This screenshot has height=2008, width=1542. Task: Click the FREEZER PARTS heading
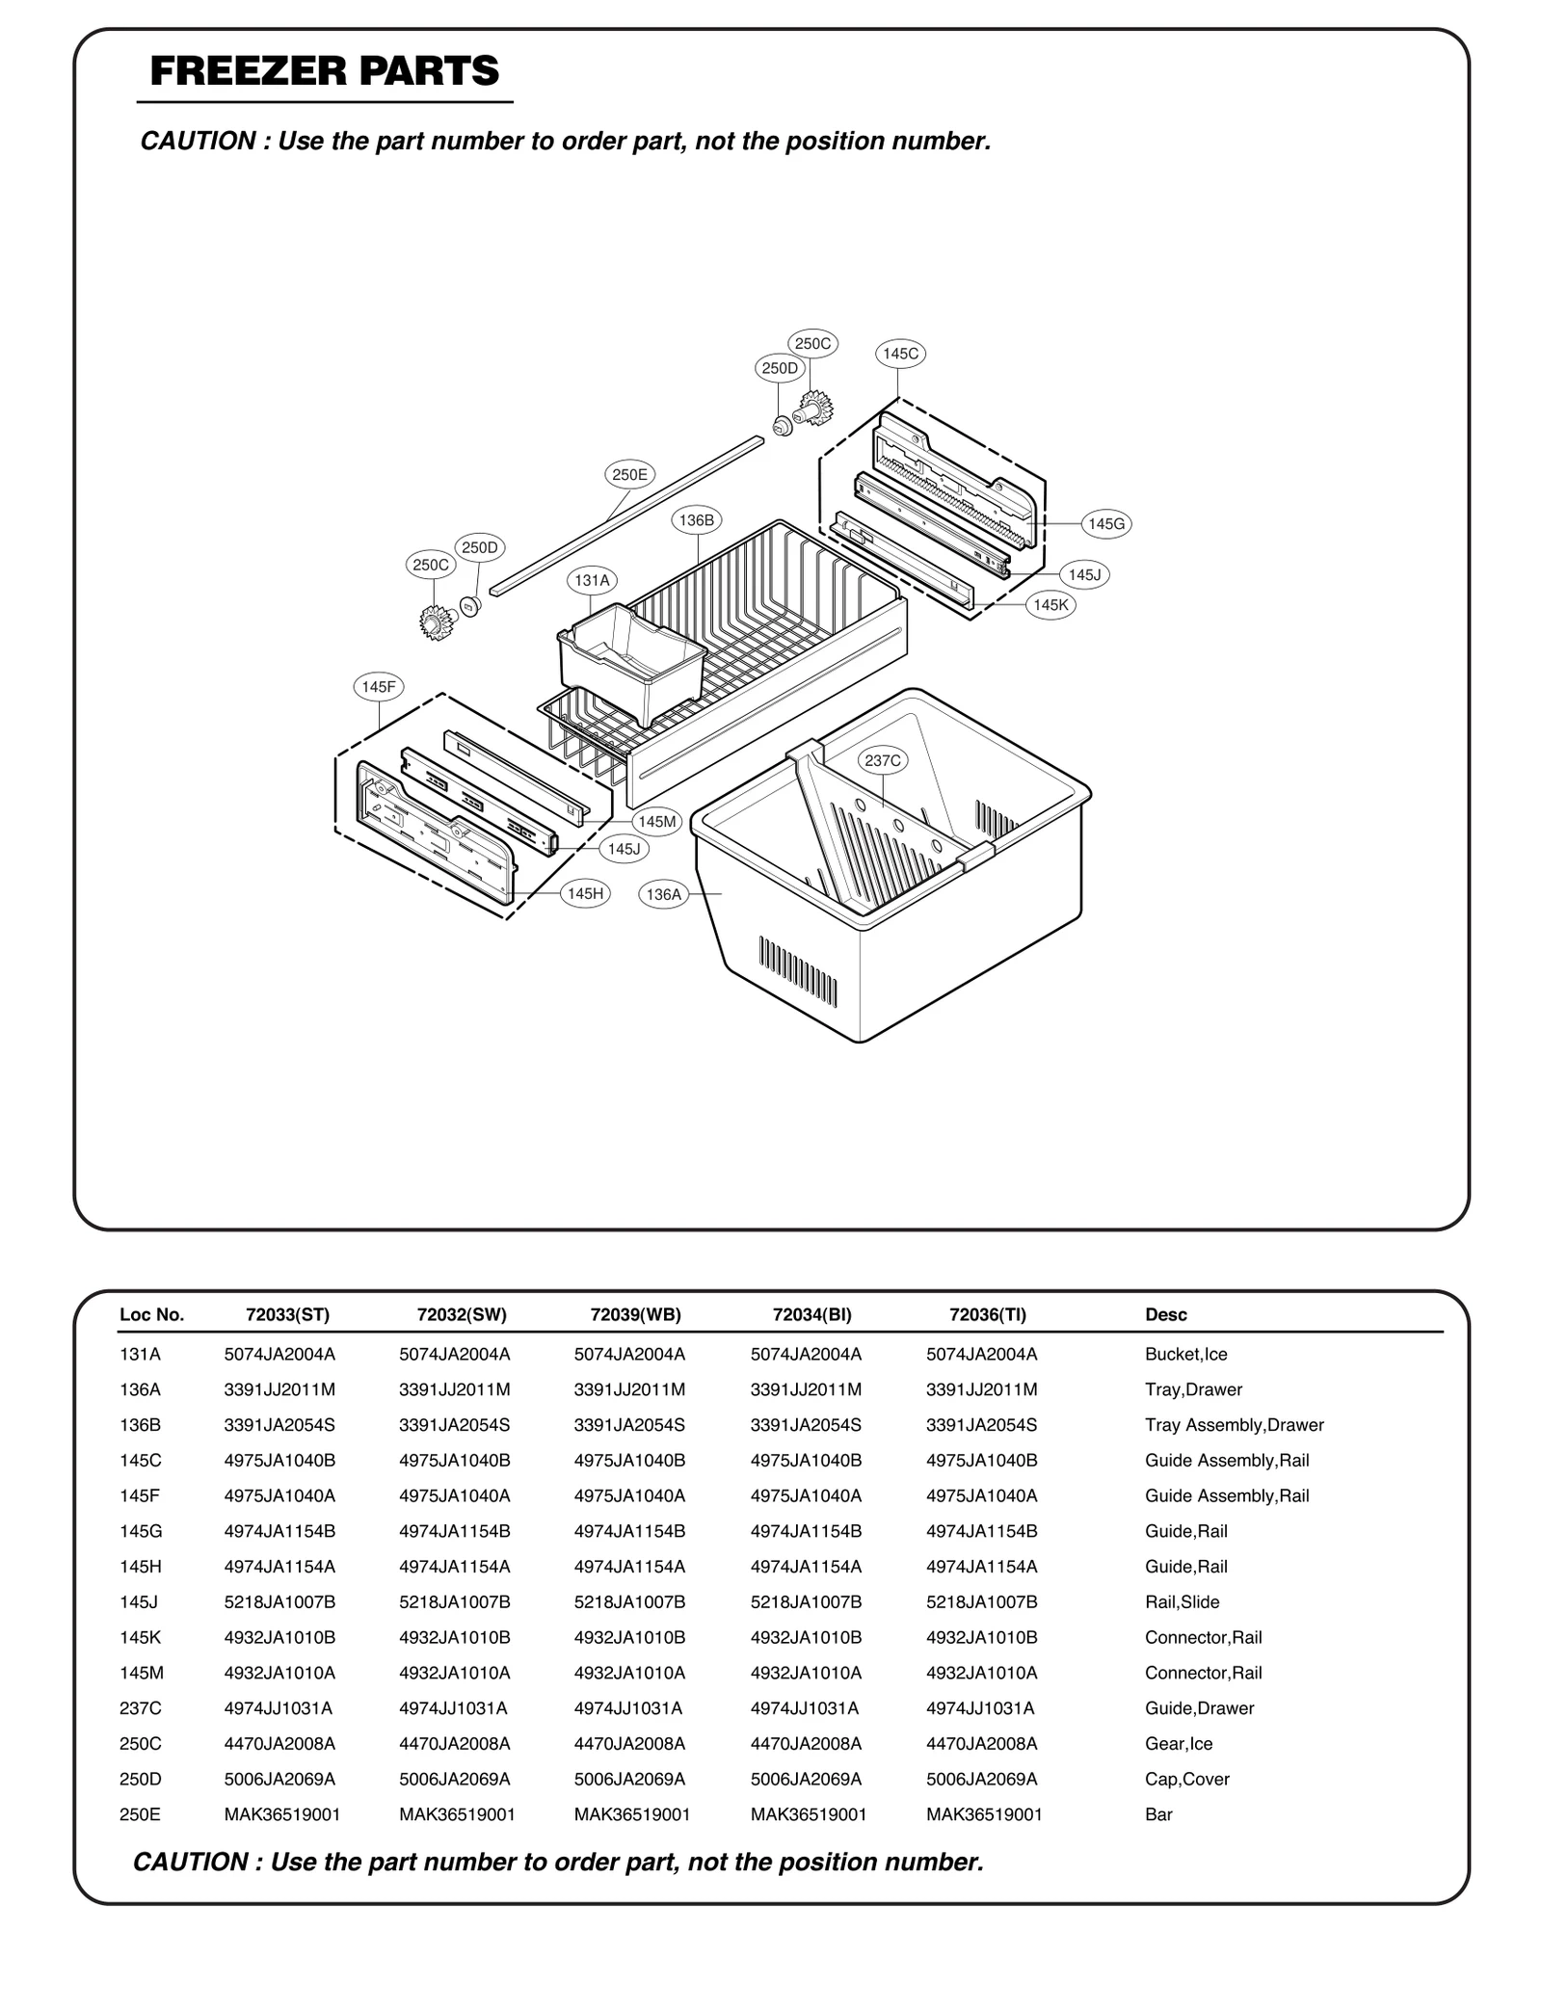pos(325,72)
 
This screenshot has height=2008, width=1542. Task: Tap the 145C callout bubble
pos(900,354)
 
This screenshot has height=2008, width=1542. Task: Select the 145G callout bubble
pos(1105,524)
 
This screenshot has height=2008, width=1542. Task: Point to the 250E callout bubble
pos(629,474)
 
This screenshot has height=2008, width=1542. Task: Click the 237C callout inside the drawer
pos(882,760)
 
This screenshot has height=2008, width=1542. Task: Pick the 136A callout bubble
pos(663,894)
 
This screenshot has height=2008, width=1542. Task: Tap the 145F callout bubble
pos(378,687)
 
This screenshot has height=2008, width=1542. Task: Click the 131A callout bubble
pos(592,580)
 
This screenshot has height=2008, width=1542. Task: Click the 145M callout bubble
pos(657,821)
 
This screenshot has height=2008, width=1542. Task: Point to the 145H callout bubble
pos(585,893)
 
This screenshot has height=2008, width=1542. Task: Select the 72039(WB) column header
pos(635,1314)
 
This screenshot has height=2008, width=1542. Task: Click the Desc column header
pos(1165,1314)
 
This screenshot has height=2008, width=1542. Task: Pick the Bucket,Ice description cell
pos(1185,1354)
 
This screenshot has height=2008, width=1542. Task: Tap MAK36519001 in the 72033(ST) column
pos(281,1814)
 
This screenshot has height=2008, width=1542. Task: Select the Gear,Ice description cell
pos(1178,1743)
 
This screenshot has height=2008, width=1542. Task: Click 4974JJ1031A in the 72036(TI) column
pos(980,1707)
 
